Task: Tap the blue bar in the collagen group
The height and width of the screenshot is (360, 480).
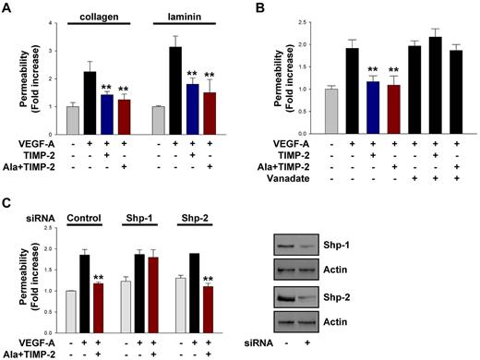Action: (107, 101)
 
